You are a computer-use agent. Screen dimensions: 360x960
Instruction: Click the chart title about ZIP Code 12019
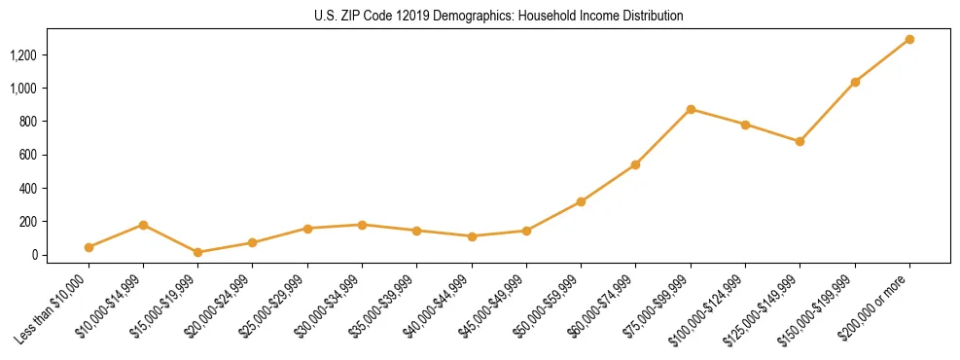498,17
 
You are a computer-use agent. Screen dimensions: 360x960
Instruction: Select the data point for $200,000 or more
909,40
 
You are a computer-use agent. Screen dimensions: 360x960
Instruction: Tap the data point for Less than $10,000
89,247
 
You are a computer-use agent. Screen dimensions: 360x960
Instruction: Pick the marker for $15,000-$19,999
198,252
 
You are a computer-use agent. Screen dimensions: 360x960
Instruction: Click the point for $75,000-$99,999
691,109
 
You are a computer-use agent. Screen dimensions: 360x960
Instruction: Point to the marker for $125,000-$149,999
800,141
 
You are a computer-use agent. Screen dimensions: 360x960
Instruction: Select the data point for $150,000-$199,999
855,82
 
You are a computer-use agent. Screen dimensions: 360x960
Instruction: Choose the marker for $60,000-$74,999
635,164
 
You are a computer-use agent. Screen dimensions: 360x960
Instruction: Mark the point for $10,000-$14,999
143,225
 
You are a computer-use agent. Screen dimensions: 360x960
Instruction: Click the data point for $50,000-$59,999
581,201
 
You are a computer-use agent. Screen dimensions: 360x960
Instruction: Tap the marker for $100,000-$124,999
745,125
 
